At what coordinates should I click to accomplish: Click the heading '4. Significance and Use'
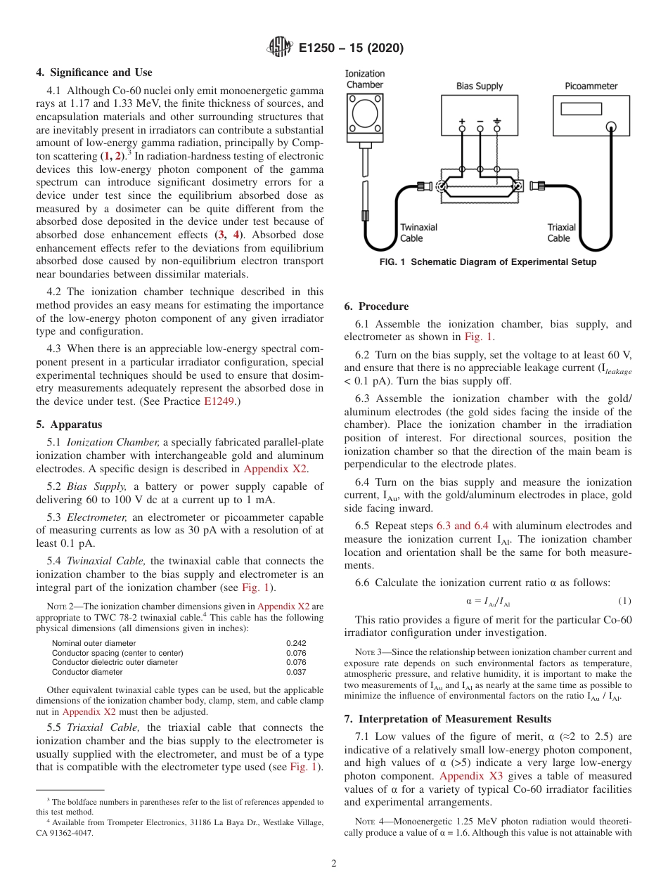point(94,72)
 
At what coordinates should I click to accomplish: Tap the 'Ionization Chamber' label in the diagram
point(365,79)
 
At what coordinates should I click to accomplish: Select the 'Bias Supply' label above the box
point(480,86)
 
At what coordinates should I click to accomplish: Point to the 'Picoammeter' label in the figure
point(591,86)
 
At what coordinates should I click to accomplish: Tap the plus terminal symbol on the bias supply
point(462,121)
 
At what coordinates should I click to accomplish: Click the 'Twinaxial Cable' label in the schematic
point(418,233)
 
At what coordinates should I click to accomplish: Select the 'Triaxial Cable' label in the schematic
point(561,233)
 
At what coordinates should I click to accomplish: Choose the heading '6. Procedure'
point(376,306)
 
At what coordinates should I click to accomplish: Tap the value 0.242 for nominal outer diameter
point(296,643)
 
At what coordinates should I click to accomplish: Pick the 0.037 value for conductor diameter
point(296,672)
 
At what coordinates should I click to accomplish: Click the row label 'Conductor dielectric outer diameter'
point(115,662)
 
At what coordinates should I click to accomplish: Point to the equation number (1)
point(624,601)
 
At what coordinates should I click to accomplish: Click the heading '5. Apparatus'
point(69,425)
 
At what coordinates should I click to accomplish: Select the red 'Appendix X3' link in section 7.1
point(466,776)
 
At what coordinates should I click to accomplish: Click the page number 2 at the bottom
point(334,864)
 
